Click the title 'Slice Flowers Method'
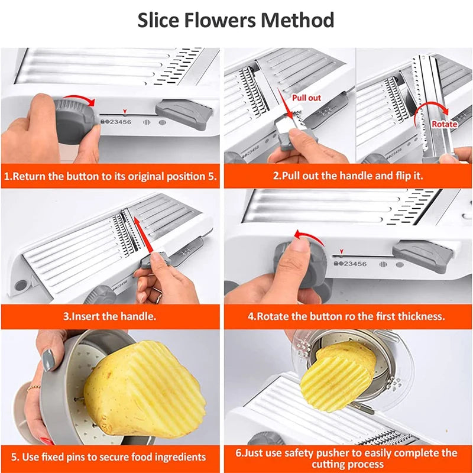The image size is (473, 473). pos(236,20)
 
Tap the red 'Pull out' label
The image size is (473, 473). pos(306,97)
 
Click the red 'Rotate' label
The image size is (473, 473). pos(444,124)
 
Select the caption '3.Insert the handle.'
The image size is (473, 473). pos(110,316)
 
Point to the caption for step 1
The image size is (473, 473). pos(111,176)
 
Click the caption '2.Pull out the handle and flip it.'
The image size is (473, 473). pos(348,176)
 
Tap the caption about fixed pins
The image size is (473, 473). pos(110,457)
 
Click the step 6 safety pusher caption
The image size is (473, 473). pos(348,457)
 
